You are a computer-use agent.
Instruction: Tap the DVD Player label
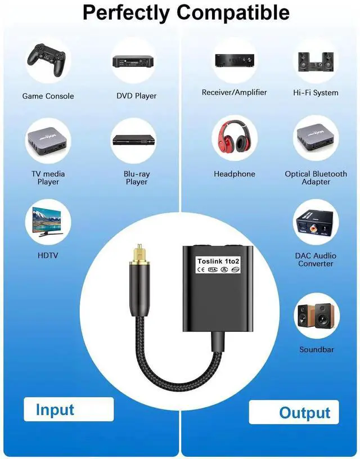pos(137,96)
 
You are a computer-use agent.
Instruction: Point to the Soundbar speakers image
pos(316,316)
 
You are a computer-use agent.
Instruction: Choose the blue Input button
pos(55,409)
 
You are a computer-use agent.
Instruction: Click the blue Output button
pos(304,412)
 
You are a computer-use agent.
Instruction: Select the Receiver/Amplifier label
pos(235,92)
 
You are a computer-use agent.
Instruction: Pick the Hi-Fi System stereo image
pos(316,60)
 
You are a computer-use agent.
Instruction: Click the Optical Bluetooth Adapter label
pos(316,178)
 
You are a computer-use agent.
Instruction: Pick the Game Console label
pos(48,96)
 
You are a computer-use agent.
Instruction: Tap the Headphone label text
pos(235,174)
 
